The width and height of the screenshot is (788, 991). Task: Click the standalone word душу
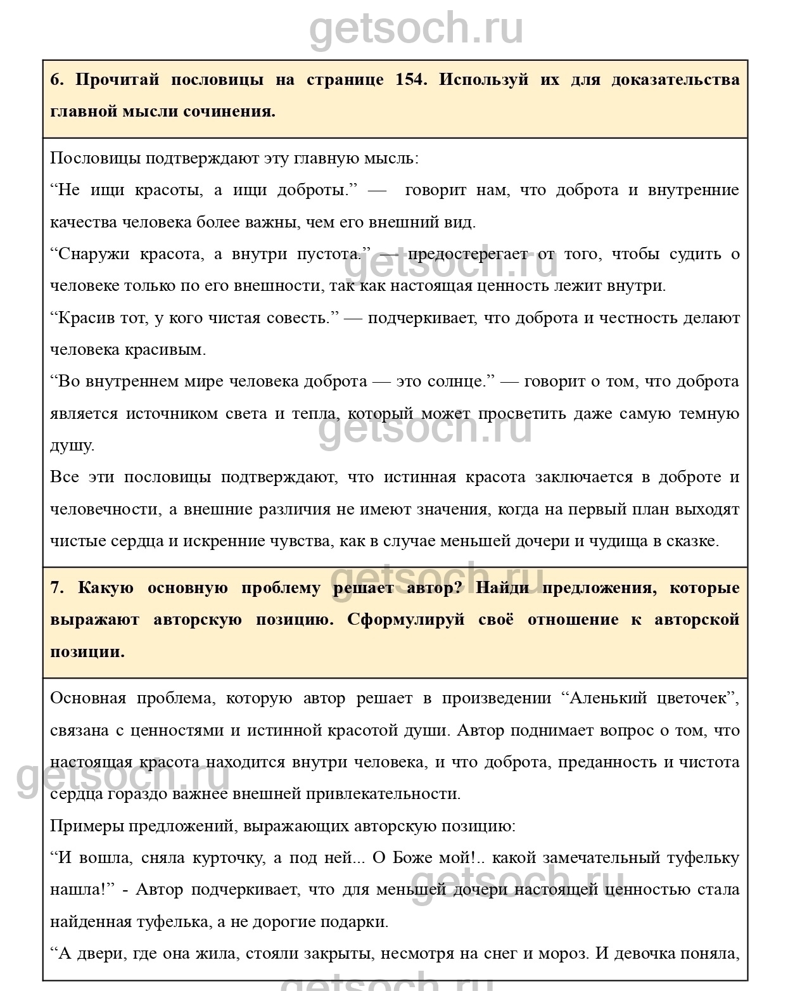pos(72,446)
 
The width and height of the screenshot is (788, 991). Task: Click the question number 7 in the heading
pos(56,588)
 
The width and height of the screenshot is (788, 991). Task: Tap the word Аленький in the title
pos(608,699)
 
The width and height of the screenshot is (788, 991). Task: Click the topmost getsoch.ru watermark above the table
pos(416,29)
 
